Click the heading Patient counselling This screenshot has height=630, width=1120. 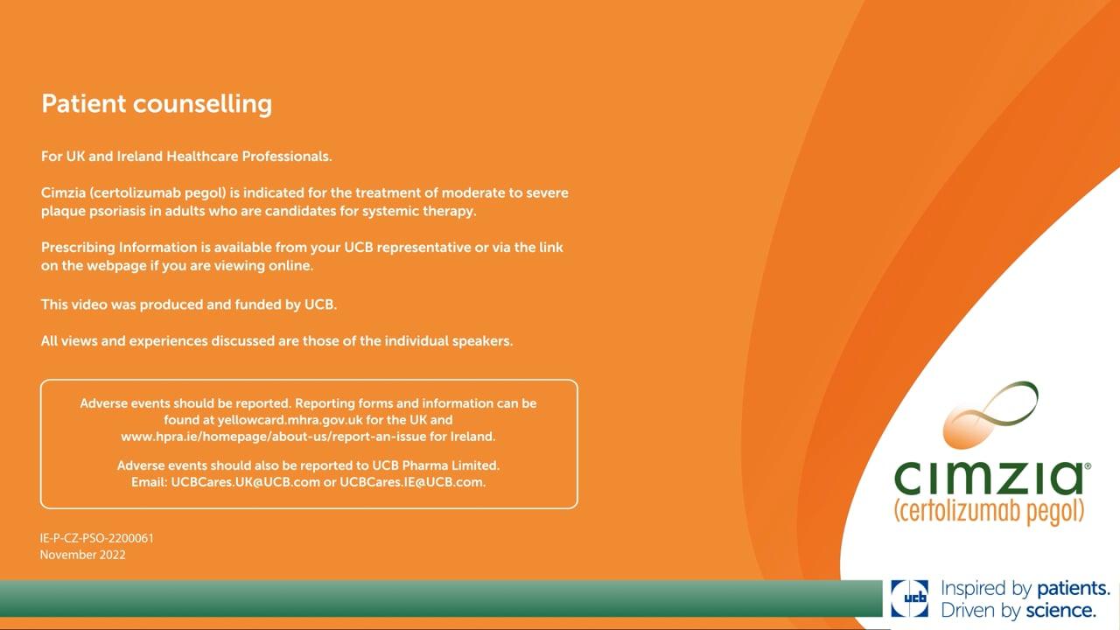(157, 104)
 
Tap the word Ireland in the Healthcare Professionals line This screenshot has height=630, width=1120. (139, 156)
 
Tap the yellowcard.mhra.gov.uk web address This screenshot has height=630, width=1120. (290, 420)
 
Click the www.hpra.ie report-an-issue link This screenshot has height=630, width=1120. (274, 437)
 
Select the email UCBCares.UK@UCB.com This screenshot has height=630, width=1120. (245, 482)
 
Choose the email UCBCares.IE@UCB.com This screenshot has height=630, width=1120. (412, 482)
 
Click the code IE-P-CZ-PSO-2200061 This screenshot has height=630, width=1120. (97, 538)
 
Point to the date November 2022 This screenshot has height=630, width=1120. (82, 555)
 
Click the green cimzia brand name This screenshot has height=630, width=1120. (989, 479)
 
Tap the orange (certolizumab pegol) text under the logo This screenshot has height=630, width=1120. (989, 512)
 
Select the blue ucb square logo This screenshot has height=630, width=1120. (909, 598)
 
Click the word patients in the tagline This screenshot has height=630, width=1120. (1073, 590)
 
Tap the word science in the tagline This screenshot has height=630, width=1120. (1061, 611)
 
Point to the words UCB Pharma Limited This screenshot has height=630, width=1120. (436, 465)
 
